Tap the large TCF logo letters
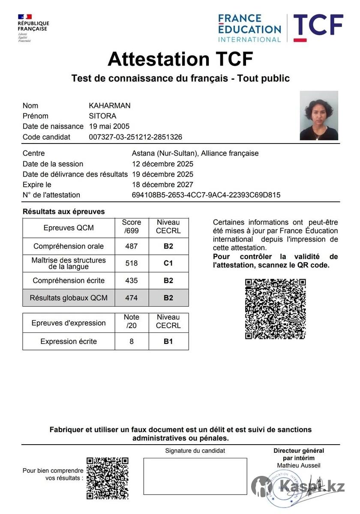coord(318,25)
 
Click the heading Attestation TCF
coord(180,59)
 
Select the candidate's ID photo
coord(319,116)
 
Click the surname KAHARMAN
coord(109,106)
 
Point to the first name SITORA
coord(102,116)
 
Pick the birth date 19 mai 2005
coord(109,126)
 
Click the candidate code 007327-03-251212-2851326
coord(135,137)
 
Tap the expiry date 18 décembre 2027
coord(162,185)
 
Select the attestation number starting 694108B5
coord(206,195)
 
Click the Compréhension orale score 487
coord(132,246)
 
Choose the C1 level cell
coord(168,263)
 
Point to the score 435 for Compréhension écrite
coord(132,281)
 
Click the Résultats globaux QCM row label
coord(69,298)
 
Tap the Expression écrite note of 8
coord(132,341)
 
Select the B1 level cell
coord(168,341)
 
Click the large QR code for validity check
coord(275,309)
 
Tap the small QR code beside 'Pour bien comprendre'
coord(108,478)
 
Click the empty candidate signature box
coord(195,476)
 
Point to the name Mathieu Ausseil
coord(299,466)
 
